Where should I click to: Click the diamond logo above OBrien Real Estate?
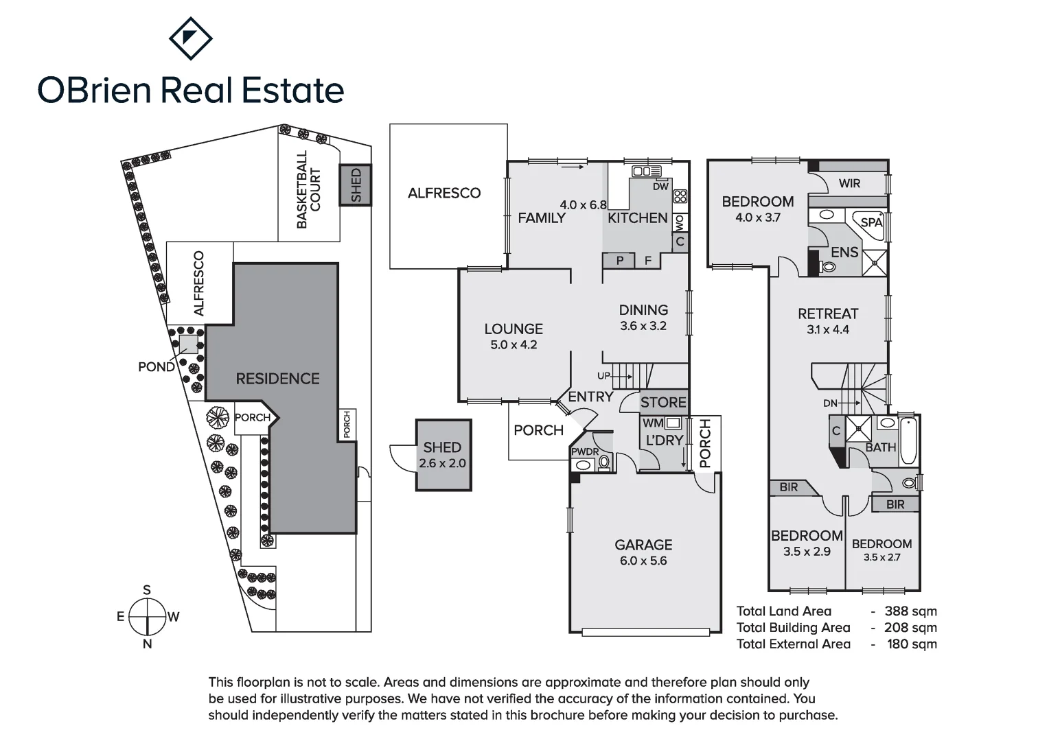pos(191,38)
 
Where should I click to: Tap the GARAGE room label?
pos(643,545)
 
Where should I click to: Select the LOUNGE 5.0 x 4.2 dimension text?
pos(514,345)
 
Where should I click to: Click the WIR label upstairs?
pos(849,183)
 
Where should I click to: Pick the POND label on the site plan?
pos(157,367)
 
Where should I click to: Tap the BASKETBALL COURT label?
pos(309,189)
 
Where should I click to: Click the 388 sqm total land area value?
pos(910,611)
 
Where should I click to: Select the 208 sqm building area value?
pos(910,628)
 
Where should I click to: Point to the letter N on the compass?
pos(147,644)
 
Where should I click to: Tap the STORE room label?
pos(663,403)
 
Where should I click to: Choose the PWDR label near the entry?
pos(585,451)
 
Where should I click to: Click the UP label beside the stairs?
pos(603,376)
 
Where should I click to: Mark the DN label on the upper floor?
pos(830,403)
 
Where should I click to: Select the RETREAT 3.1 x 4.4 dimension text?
pos(827,329)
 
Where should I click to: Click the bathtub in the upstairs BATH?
pos(908,441)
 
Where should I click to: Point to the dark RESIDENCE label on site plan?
pos(278,379)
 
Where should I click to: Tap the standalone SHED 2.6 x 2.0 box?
pos(443,455)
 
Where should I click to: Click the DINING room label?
pos(643,310)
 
